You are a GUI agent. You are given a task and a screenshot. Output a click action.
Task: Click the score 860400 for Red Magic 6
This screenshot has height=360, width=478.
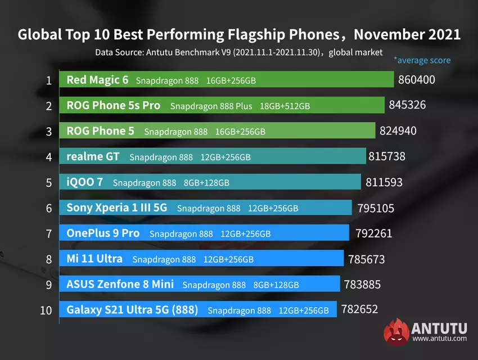(416, 80)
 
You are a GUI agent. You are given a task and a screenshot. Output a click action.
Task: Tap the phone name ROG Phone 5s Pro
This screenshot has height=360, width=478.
(113, 106)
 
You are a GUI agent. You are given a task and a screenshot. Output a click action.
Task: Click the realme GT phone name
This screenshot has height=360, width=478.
(93, 157)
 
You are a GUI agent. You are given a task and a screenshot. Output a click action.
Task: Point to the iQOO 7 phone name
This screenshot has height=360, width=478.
(85, 182)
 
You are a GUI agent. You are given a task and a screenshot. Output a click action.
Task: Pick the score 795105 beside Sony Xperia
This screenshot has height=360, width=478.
(376, 208)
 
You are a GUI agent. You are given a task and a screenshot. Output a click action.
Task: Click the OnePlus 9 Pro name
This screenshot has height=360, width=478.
(103, 233)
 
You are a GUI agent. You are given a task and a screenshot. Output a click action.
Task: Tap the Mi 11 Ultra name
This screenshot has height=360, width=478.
(94, 259)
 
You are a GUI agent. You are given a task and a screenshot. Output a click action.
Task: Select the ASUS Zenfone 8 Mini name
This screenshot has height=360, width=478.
(120, 284)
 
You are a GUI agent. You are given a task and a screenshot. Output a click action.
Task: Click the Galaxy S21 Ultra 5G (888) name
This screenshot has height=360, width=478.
(132, 309)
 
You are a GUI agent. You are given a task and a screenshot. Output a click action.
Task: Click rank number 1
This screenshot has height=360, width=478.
(49, 80)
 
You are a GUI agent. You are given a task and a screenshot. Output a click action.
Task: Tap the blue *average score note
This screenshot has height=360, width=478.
(422, 60)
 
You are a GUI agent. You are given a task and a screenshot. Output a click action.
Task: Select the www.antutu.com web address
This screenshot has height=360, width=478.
(439, 339)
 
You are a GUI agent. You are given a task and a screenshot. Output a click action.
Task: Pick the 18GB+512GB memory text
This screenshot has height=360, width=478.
(285, 106)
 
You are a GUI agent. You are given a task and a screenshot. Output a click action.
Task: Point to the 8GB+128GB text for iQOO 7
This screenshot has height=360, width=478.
(206, 183)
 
